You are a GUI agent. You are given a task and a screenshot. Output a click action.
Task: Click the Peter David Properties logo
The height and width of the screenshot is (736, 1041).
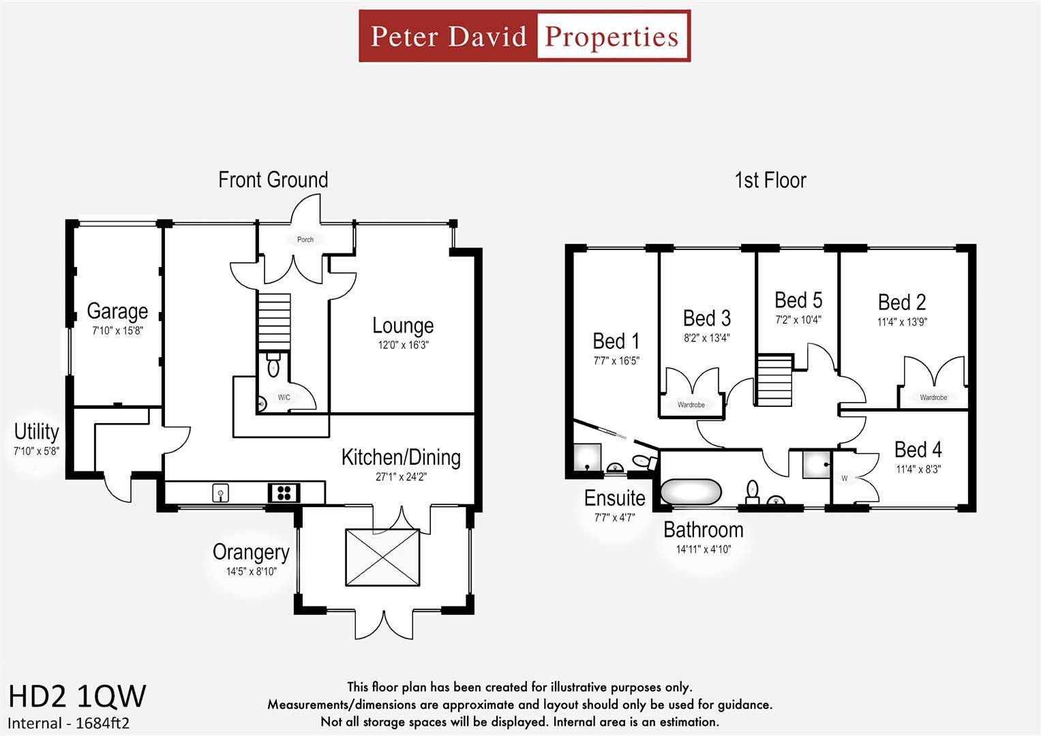pyautogui.click(x=524, y=36)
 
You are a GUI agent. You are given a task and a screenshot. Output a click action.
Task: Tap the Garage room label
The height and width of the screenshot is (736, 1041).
pyautogui.click(x=117, y=311)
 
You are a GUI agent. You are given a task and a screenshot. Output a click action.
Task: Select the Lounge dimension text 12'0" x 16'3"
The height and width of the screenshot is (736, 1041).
pyautogui.click(x=403, y=345)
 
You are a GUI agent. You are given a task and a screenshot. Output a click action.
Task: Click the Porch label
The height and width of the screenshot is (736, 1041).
pyautogui.click(x=305, y=239)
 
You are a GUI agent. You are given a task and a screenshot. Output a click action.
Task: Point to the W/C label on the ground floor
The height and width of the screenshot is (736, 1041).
pyautogui.click(x=284, y=397)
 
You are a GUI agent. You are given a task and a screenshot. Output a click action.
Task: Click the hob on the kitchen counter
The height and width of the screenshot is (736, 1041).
pyautogui.click(x=284, y=492)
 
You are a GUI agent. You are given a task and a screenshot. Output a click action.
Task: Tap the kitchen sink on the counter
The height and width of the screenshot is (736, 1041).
pyautogui.click(x=220, y=492)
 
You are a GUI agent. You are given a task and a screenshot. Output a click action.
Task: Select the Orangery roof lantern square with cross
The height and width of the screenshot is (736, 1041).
pyautogui.click(x=382, y=557)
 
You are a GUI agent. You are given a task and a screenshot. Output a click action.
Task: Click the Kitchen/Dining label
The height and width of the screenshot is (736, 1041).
pyautogui.click(x=401, y=457)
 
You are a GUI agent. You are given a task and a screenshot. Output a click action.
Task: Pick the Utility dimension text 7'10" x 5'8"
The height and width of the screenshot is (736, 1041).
pyautogui.click(x=36, y=451)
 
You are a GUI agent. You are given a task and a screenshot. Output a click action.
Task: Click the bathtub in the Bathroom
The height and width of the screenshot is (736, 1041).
pyautogui.click(x=691, y=491)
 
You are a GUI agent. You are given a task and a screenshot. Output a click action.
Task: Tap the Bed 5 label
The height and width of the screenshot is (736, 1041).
pyautogui.click(x=798, y=301)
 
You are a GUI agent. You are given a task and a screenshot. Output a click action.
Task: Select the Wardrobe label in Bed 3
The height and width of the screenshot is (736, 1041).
pyautogui.click(x=691, y=405)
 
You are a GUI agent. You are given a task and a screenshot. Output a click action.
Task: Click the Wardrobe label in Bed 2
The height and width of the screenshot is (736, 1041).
pyautogui.click(x=933, y=397)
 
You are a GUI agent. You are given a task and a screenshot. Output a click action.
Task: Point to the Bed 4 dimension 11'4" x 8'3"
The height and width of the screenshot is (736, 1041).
pyautogui.click(x=918, y=469)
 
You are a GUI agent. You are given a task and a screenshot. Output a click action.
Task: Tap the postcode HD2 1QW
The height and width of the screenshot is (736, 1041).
pyautogui.click(x=77, y=696)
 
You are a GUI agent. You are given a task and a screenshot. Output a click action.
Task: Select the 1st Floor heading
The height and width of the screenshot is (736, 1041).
pyautogui.click(x=770, y=181)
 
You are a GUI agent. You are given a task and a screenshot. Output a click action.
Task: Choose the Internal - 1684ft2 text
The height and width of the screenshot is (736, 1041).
pyautogui.click(x=68, y=723)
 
